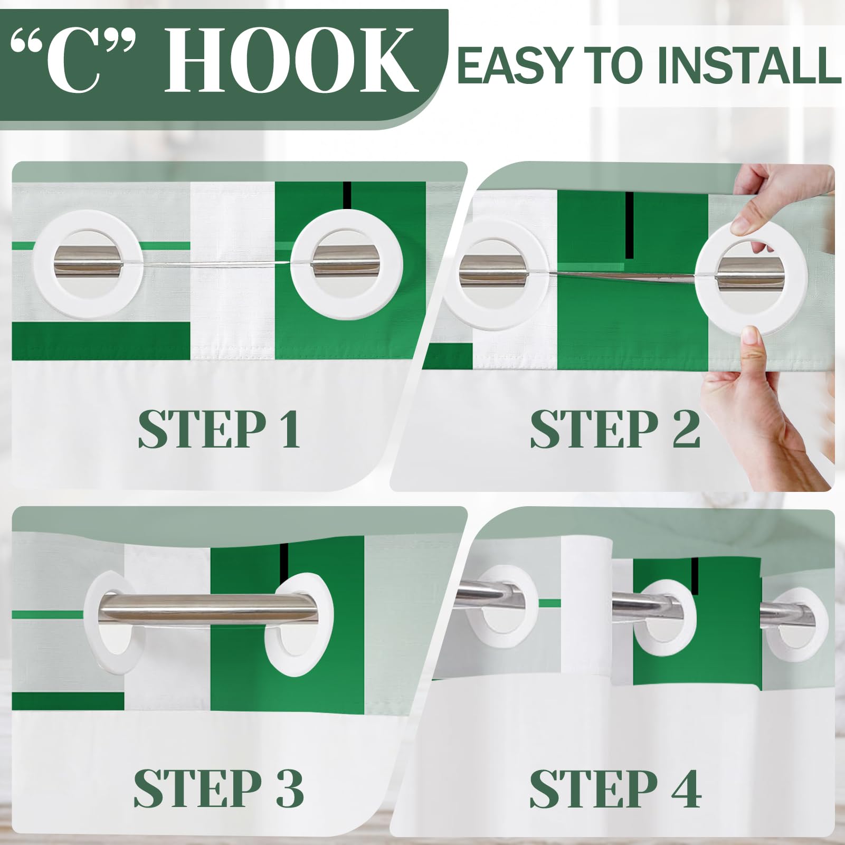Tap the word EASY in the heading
[x=518, y=65]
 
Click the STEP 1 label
[x=220, y=430]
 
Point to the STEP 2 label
[x=615, y=430]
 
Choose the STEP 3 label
[x=219, y=788]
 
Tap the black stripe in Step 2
[x=629, y=225]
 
